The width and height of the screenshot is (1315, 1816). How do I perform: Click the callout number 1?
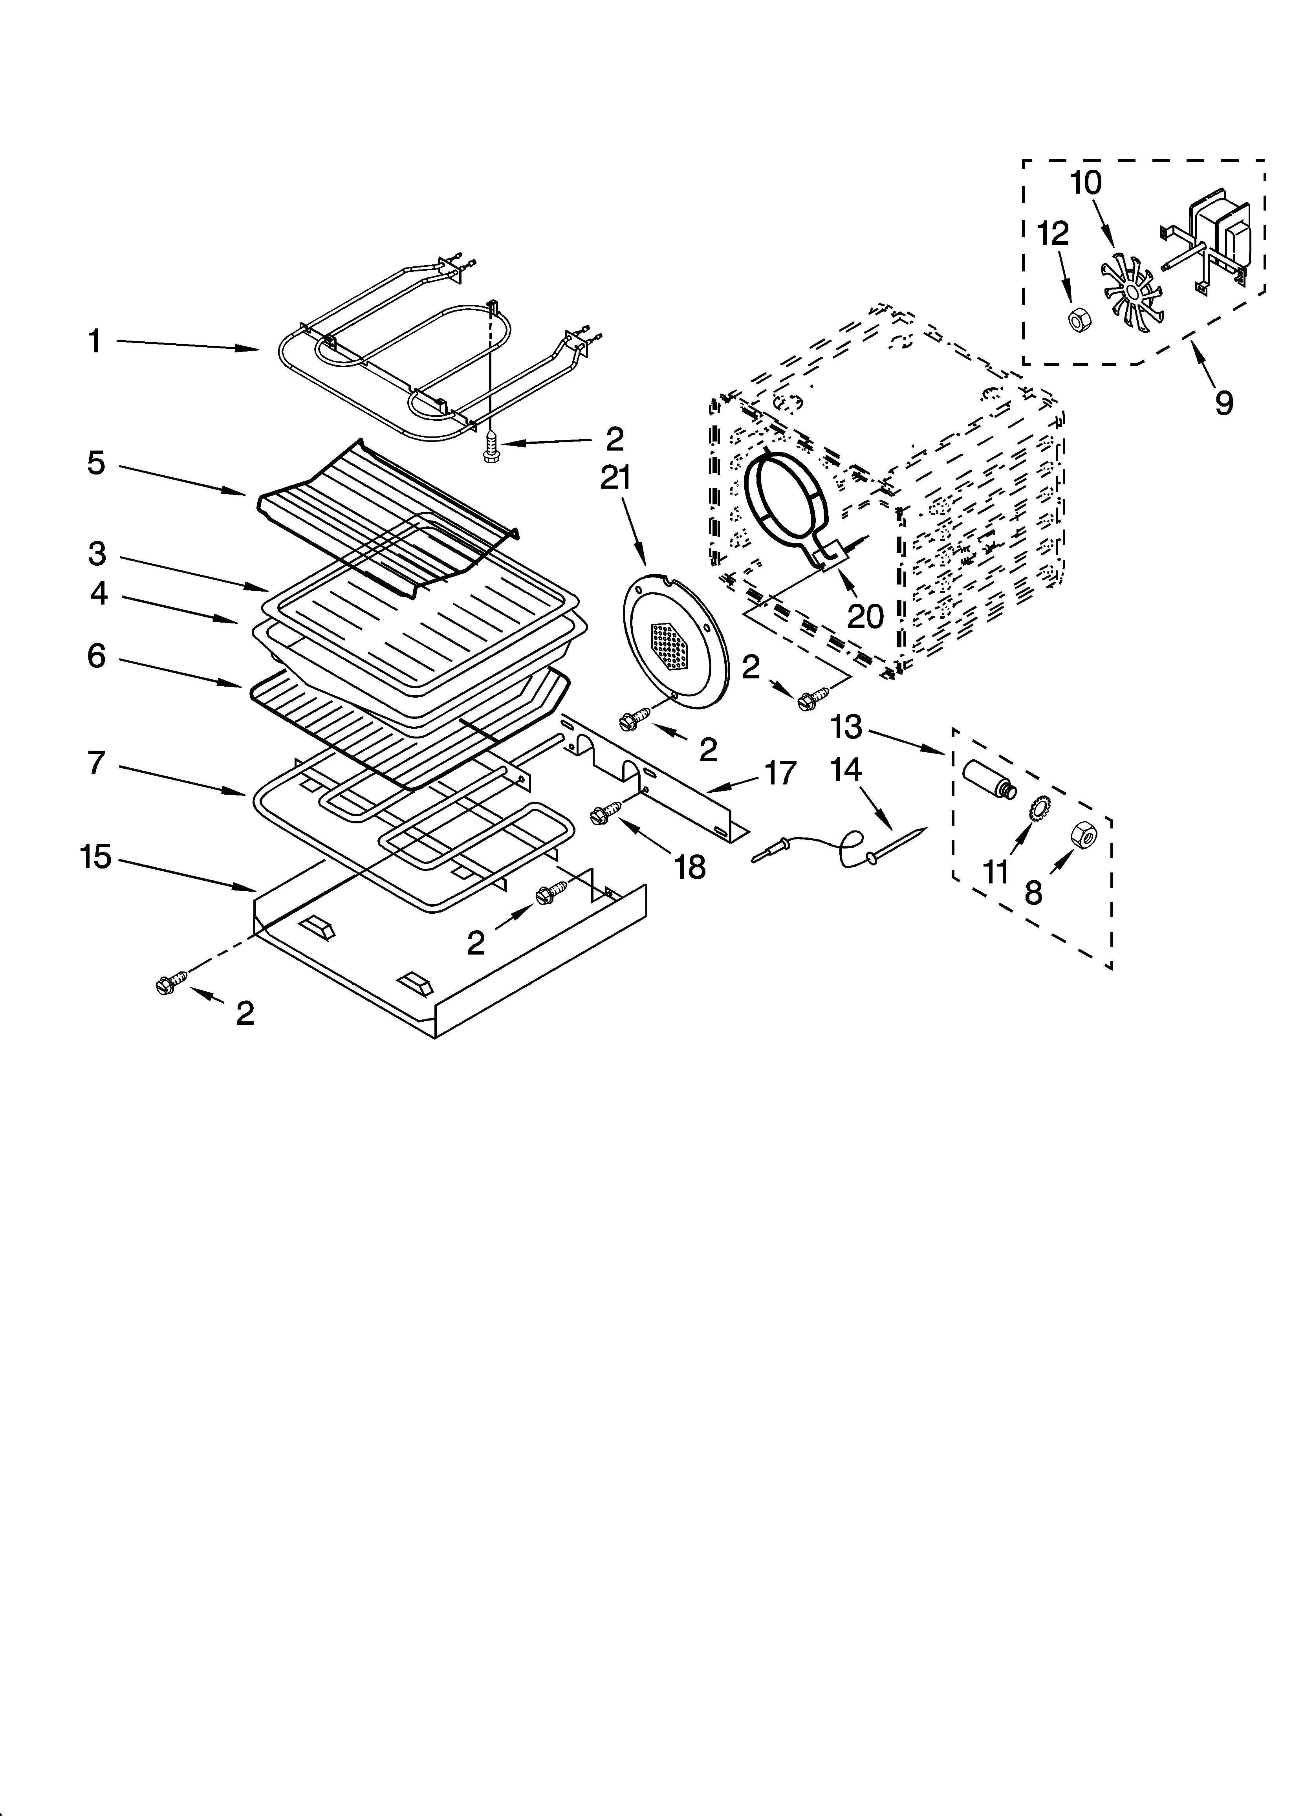(x=95, y=342)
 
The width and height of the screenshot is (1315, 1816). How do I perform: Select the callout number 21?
(x=616, y=478)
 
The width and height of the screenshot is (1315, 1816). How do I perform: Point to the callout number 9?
(x=1223, y=403)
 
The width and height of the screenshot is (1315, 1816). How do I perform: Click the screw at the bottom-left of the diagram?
(x=171, y=985)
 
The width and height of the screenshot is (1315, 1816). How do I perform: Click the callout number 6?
(x=96, y=656)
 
